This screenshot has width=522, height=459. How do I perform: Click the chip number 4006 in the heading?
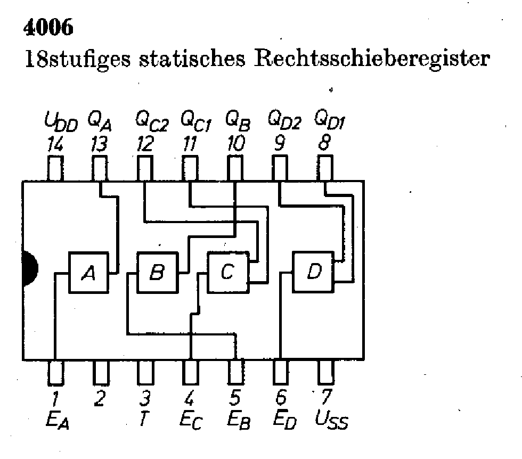[48, 27]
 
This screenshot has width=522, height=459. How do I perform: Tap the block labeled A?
[89, 273]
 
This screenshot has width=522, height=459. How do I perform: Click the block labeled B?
[158, 273]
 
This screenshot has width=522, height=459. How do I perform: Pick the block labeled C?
[227, 273]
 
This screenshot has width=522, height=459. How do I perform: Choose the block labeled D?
[314, 272]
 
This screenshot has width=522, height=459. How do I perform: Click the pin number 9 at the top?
[278, 144]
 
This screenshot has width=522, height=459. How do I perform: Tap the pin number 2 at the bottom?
[99, 398]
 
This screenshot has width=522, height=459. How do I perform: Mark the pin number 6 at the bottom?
[281, 398]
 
